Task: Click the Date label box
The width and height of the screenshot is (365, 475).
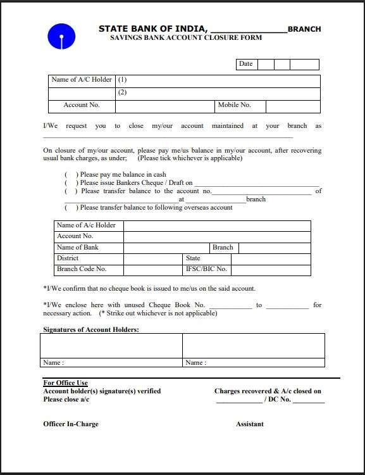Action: click(246, 64)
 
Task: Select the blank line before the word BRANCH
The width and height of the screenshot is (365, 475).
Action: click(247, 30)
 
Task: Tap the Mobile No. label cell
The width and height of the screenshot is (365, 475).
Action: click(234, 106)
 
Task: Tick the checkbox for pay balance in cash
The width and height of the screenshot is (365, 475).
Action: click(70, 175)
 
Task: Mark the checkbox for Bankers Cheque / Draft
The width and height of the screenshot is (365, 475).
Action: click(70, 183)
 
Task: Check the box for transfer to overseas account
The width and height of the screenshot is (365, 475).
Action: click(70, 208)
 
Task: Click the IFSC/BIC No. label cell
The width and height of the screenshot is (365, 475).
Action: click(206, 269)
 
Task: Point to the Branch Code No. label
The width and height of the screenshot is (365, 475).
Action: click(82, 269)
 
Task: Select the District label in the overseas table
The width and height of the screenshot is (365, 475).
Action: click(68, 258)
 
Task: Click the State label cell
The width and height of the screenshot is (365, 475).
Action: click(194, 258)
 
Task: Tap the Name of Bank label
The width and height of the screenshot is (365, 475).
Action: click(78, 248)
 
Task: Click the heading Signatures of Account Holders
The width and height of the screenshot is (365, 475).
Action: click(91, 330)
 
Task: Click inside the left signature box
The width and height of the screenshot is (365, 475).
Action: click(111, 346)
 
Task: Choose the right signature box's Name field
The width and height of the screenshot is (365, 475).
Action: click(253, 363)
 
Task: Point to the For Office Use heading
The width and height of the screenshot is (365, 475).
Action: click(65, 383)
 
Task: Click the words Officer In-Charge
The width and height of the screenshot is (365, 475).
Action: click(71, 424)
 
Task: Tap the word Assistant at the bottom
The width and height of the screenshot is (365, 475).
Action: click(250, 424)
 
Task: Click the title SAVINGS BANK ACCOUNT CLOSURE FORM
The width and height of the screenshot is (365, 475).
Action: click(186, 38)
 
